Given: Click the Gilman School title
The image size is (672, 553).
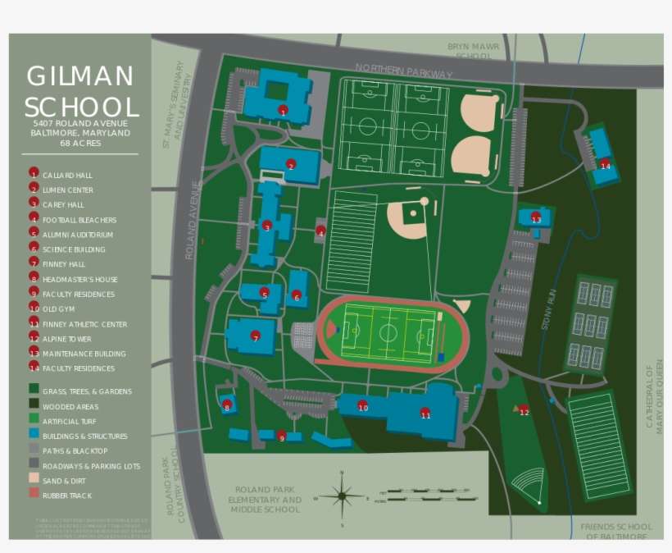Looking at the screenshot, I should (80, 92).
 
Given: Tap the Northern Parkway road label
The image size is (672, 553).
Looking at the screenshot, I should (403, 71).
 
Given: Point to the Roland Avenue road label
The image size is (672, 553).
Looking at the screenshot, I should (192, 220).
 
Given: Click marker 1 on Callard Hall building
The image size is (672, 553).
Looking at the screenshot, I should (283, 110).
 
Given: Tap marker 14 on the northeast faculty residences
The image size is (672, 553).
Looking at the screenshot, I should (605, 165).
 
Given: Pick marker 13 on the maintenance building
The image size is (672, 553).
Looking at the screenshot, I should (535, 218).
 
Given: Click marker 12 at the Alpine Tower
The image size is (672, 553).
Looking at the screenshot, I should (524, 411).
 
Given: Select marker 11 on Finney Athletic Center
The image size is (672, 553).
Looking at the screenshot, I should (425, 414).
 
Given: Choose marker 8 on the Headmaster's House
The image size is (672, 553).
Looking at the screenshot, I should (227, 406).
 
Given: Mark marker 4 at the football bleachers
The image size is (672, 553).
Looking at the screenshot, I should (320, 232).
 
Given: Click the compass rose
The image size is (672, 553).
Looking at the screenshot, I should (342, 496).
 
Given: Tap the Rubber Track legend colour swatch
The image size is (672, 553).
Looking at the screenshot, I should (34, 495).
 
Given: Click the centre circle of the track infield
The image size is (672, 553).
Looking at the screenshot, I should (388, 333).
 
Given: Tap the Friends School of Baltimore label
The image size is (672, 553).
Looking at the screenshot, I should (615, 531).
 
